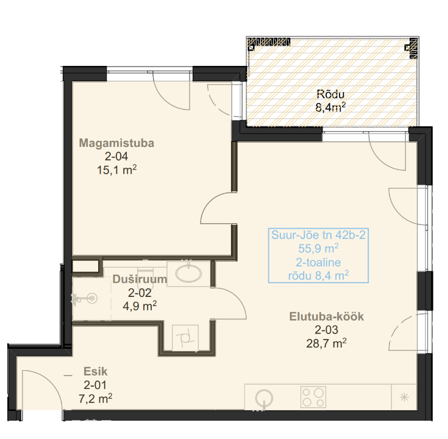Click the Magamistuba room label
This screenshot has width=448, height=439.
click(x=116, y=143)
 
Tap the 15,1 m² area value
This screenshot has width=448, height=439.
click(x=117, y=170)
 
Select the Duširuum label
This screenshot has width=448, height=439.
click(x=140, y=279)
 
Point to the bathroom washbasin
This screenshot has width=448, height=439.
click(x=188, y=273)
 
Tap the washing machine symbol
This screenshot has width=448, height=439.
click(x=185, y=338)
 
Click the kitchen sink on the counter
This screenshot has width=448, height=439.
click(x=264, y=398)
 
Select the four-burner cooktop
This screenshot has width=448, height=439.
click(x=313, y=397)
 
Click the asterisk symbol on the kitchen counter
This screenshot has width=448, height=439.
click(x=404, y=398)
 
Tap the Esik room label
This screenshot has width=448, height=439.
click(x=96, y=371)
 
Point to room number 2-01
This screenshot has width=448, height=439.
click(x=95, y=385)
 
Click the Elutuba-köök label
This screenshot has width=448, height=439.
click(x=327, y=316)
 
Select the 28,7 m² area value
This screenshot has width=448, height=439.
click(x=326, y=343)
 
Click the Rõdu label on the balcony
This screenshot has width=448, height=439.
click(x=330, y=94)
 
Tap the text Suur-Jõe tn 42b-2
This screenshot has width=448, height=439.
click(x=318, y=235)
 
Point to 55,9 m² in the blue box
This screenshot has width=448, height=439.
click(x=318, y=248)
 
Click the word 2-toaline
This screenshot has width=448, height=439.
click(x=318, y=262)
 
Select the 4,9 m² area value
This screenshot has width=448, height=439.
click(x=140, y=306)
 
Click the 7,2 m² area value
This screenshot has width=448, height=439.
click(x=96, y=398)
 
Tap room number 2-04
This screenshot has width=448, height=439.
click(x=116, y=156)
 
